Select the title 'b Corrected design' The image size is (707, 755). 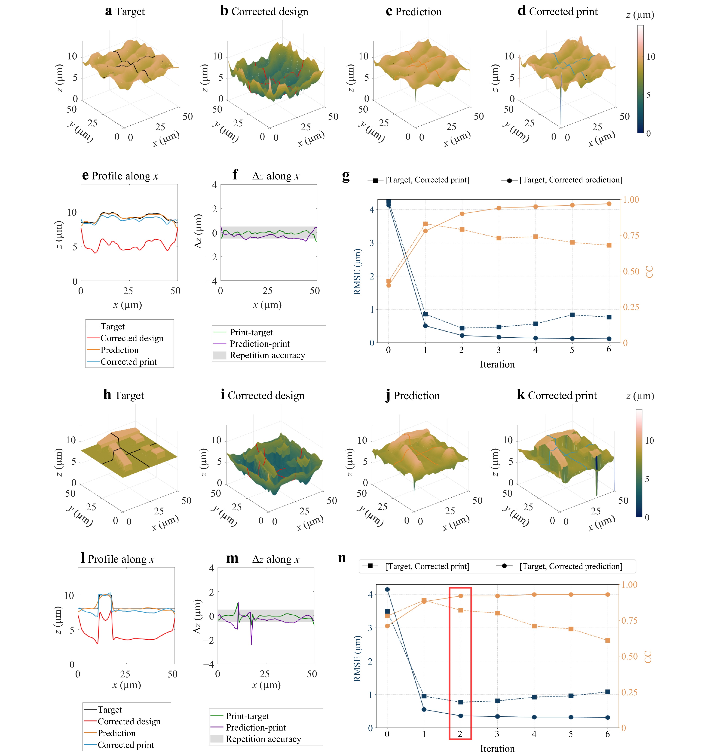(x=264, y=11)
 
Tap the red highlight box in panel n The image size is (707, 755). (x=460, y=663)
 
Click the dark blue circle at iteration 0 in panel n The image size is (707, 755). (x=387, y=589)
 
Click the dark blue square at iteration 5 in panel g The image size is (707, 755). (x=572, y=315)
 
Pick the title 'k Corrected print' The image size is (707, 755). (x=557, y=395)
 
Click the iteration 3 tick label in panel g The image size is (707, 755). (x=498, y=350)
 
